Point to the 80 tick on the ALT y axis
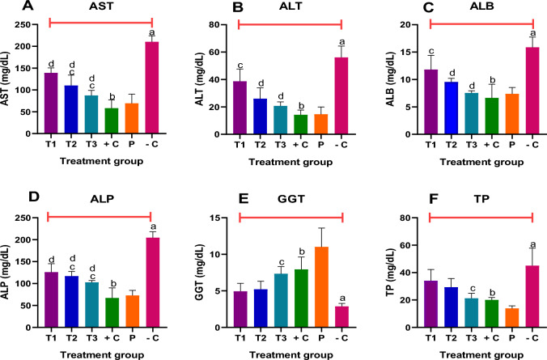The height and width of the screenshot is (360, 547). [x=221, y=25]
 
